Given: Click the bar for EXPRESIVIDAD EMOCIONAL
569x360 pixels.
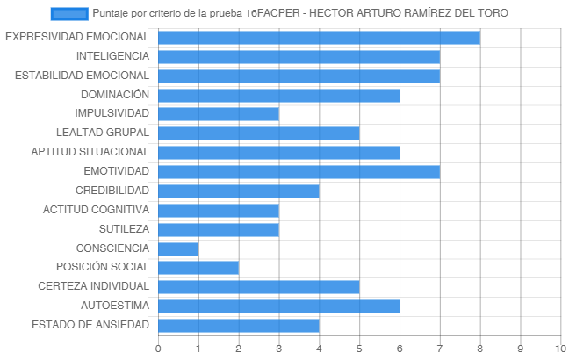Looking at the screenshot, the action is pyautogui.click(x=319, y=38).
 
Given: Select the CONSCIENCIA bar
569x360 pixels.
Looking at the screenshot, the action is pyautogui.click(x=178, y=249).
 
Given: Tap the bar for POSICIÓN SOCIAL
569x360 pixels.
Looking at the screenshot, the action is pyautogui.click(x=198, y=268).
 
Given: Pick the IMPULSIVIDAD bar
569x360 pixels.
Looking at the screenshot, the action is pyautogui.click(x=219, y=114).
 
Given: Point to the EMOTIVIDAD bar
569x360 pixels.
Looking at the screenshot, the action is pyautogui.click(x=299, y=172).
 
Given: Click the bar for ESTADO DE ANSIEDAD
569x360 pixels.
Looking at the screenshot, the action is pyautogui.click(x=239, y=326).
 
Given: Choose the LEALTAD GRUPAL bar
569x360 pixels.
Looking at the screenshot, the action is pyautogui.click(x=259, y=133).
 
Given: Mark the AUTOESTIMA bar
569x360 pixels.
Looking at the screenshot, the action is pyautogui.click(x=279, y=306).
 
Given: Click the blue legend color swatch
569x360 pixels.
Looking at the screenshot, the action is pyautogui.click(x=69, y=14).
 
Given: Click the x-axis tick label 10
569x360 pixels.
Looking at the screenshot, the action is pyautogui.click(x=560, y=349).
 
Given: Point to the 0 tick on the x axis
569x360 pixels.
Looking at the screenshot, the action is pyautogui.click(x=158, y=349).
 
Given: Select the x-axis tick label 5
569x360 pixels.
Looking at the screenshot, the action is pyautogui.click(x=359, y=349).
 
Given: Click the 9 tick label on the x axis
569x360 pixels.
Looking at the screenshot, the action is pyautogui.click(x=521, y=349).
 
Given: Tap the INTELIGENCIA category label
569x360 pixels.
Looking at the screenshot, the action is pyautogui.click(x=112, y=56).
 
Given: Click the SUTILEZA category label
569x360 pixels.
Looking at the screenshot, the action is pyautogui.click(x=124, y=229).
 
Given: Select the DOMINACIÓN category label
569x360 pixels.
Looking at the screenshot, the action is pyautogui.click(x=115, y=94).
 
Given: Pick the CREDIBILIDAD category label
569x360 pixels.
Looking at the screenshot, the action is pyautogui.click(x=112, y=191).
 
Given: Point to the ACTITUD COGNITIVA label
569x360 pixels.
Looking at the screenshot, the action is pyautogui.click(x=97, y=210).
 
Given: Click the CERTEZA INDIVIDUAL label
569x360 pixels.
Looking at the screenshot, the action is pyautogui.click(x=94, y=286).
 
